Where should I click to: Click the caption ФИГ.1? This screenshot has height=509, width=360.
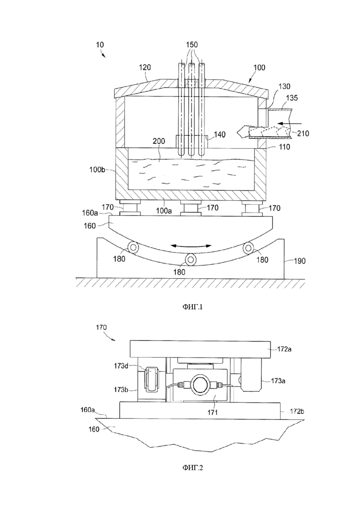[x=192, y=307]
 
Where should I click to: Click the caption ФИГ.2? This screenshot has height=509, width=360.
[x=192, y=468]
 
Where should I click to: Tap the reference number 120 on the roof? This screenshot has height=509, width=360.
[x=145, y=67]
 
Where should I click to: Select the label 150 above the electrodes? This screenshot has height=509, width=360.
[x=192, y=44]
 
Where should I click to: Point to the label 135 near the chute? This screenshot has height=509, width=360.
[x=292, y=98]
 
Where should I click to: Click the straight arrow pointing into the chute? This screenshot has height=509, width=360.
[x=290, y=124]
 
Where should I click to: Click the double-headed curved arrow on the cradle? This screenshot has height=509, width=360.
[x=192, y=246]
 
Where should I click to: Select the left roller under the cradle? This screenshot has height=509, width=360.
[x=133, y=248]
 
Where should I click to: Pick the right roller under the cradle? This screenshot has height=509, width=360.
[x=248, y=248]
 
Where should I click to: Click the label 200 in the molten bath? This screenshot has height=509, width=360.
[x=159, y=141]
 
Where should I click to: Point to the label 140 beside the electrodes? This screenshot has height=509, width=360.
[x=220, y=134]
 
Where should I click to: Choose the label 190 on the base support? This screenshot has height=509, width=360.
[x=300, y=261]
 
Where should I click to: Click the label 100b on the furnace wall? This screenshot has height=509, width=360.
[x=97, y=169]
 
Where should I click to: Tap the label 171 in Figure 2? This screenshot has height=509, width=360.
[x=212, y=412]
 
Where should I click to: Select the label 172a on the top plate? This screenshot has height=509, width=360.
[x=284, y=349]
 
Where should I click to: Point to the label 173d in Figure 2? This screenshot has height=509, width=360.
[x=121, y=366]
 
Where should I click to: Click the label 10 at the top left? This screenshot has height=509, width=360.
[x=100, y=45]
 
